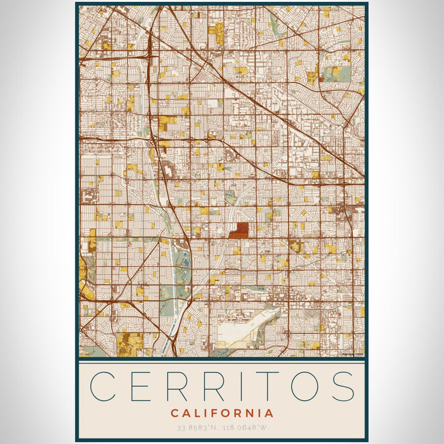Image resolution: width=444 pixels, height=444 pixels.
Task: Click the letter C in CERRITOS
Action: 104,386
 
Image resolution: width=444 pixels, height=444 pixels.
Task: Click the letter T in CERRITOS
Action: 274,386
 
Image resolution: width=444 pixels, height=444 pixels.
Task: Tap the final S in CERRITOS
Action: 343,386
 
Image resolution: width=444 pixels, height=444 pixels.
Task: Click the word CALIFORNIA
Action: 222,413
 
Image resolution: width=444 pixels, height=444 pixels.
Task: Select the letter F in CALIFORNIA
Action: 215,413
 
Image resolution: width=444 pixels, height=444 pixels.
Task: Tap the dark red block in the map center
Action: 238,230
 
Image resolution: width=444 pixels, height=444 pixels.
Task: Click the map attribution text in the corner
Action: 352,355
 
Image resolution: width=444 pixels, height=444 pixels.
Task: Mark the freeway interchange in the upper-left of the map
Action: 151,56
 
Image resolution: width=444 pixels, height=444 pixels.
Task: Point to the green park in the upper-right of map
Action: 337,73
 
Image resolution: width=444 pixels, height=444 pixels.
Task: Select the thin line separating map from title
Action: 222,360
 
